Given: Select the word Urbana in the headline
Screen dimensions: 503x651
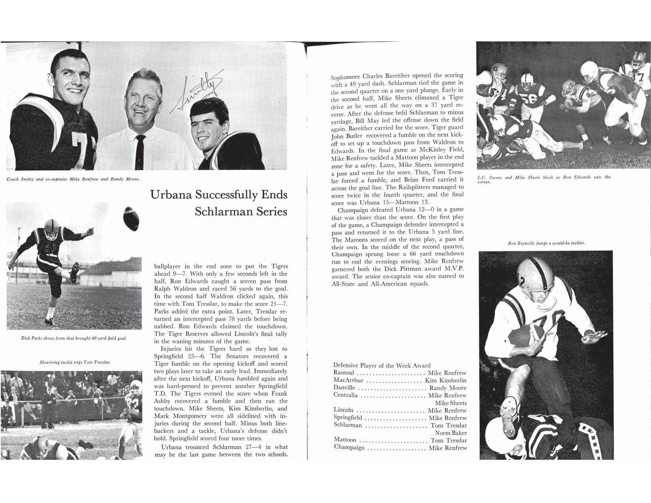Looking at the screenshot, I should [x=170, y=195].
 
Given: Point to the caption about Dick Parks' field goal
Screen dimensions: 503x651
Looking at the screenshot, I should [x=74, y=338].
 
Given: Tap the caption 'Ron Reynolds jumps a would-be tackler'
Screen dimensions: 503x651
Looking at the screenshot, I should [x=546, y=243].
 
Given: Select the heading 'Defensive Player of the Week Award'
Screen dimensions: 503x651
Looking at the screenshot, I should [x=382, y=365].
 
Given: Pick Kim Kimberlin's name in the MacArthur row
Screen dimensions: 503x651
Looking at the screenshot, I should [x=445, y=380].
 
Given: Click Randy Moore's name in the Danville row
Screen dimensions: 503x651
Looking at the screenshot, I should [x=448, y=388].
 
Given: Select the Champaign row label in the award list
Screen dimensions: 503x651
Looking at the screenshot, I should [x=349, y=448].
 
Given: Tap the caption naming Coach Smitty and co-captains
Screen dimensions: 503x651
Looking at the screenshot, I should [x=74, y=180].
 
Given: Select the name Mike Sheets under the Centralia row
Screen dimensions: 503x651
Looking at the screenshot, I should [x=451, y=403].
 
